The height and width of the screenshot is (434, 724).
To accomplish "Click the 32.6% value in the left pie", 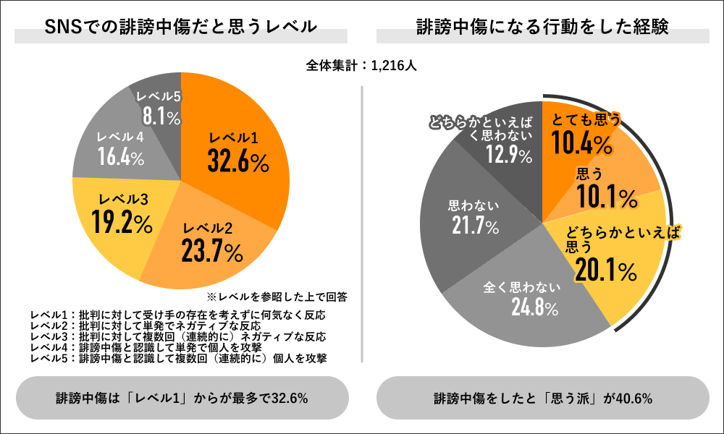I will coord(238,163).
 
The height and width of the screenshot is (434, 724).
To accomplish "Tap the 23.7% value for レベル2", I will coord(212,252).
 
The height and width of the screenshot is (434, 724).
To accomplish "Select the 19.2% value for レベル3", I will coord(122,223).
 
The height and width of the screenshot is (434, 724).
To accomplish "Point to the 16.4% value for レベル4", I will coord(121,157).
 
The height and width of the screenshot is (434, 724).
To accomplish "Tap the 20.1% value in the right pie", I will coord(605,271).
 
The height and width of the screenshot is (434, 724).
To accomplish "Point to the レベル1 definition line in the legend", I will coord(177,315).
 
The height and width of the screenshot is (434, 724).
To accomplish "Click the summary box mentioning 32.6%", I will coord(182,398).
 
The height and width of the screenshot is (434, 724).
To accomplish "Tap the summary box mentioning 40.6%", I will coord(543,398).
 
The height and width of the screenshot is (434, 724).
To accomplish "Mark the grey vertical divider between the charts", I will coord(361,217).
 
